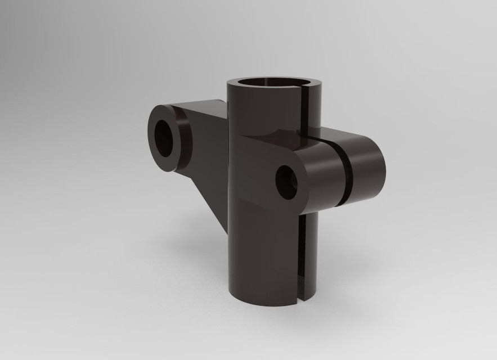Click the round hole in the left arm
click(165, 138)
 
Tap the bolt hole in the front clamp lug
click(287, 182)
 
